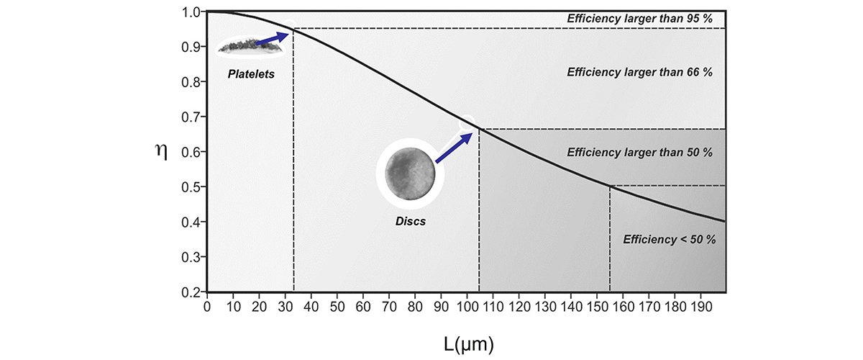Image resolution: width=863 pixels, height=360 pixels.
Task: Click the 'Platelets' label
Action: click(251, 73)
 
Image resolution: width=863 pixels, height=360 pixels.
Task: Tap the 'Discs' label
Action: click(411, 222)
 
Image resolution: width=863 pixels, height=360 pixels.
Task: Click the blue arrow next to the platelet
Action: click(273, 39)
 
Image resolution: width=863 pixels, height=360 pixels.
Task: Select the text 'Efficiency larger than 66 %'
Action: click(640, 72)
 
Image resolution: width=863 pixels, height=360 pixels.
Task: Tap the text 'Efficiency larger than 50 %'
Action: click(640, 153)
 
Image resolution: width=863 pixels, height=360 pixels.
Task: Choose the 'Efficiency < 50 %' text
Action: click(670, 239)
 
